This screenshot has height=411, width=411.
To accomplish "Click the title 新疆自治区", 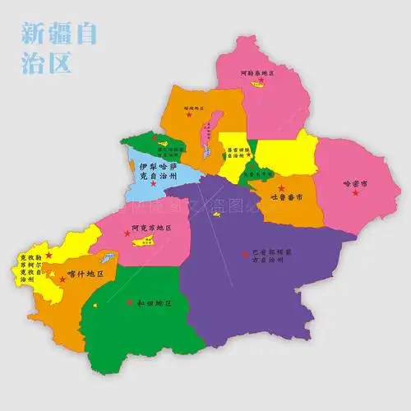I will (60, 47).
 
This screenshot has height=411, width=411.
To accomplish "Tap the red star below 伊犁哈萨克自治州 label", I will (153, 182).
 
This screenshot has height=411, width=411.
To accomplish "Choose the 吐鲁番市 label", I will (293, 198).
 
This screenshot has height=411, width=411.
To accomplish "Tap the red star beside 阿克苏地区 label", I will (127, 233).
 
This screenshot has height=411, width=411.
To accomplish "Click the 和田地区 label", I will (154, 303).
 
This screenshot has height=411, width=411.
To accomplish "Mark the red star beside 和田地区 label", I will (129, 302).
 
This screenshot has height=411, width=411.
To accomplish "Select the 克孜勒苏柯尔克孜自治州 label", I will (25, 268).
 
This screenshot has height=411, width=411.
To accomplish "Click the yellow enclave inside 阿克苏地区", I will (144, 241).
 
